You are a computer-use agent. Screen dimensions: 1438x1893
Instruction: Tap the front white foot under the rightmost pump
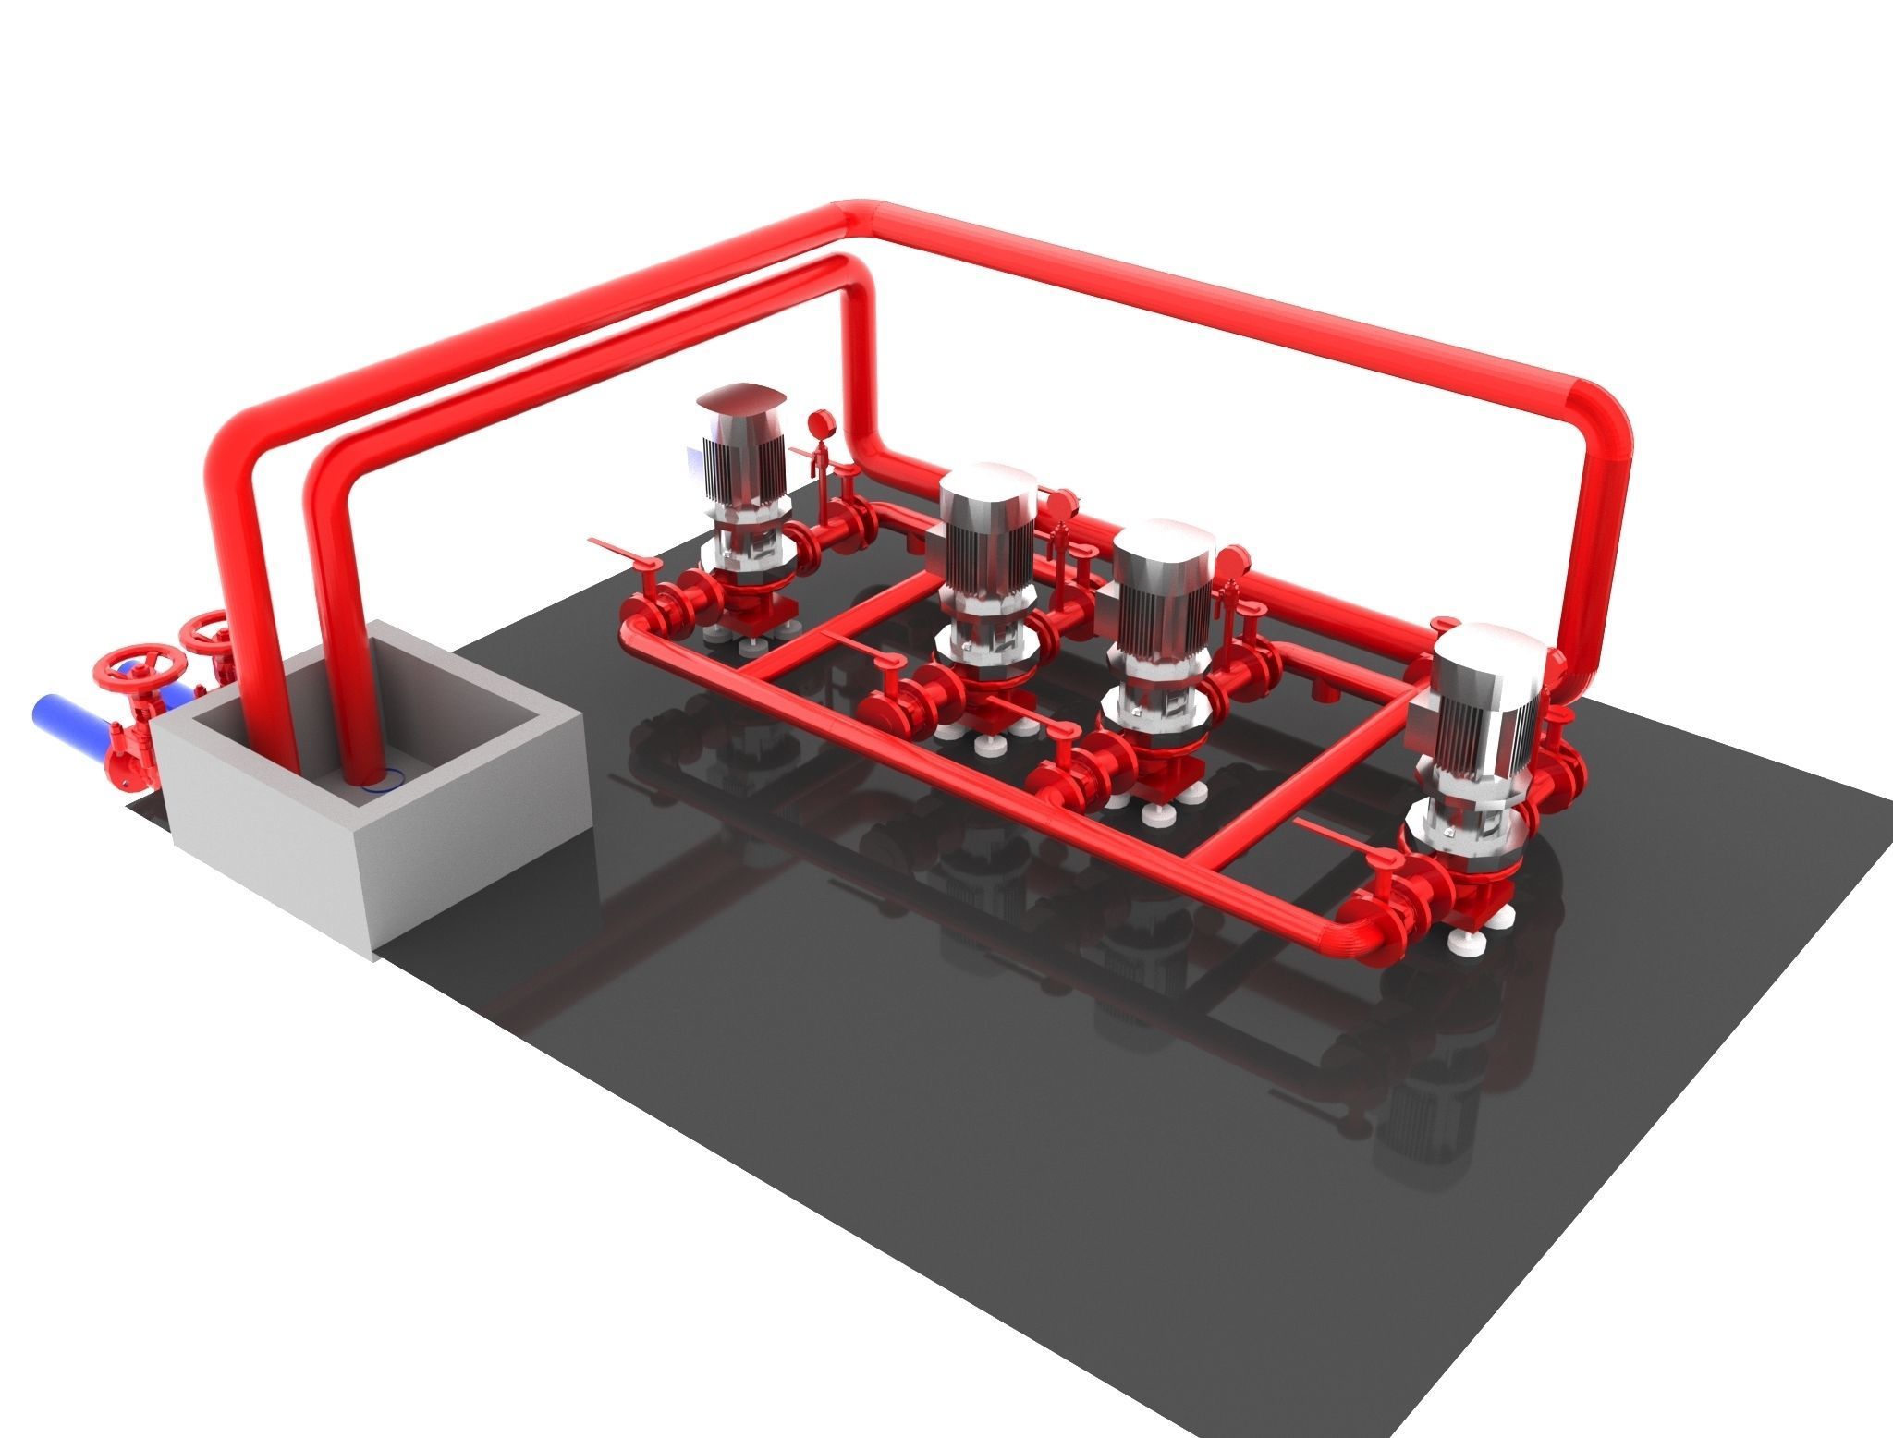click(1463, 944)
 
